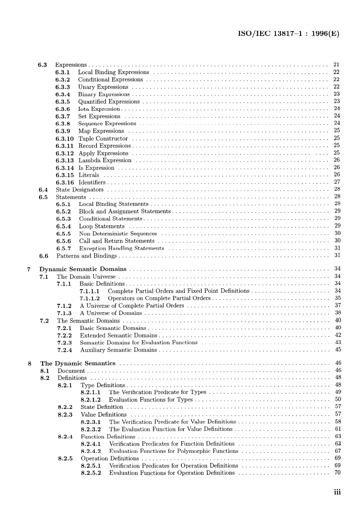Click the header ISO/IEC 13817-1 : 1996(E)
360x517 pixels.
point(288,33)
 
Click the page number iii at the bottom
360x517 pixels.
point(337,492)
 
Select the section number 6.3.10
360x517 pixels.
point(64,139)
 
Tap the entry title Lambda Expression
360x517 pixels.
point(105,160)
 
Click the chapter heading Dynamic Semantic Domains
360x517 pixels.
point(83,269)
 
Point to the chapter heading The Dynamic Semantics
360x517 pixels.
point(78,363)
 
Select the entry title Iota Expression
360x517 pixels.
point(99,109)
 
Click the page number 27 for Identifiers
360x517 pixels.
point(337,182)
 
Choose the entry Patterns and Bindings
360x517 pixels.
point(86,256)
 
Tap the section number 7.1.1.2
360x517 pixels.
point(90,299)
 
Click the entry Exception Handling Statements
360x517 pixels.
point(122,248)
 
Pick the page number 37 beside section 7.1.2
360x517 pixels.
point(338,305)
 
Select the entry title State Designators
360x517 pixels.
point(80,190)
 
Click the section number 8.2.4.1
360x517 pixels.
point(91,444)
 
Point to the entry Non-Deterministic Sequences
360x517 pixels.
point(118,234)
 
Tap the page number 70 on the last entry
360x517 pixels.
point(338,473)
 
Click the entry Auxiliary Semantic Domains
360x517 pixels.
point(118,350)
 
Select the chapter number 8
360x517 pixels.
point(30,363)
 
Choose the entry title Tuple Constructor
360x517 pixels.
point(103,139)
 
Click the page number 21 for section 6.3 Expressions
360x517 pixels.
point(336,64)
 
